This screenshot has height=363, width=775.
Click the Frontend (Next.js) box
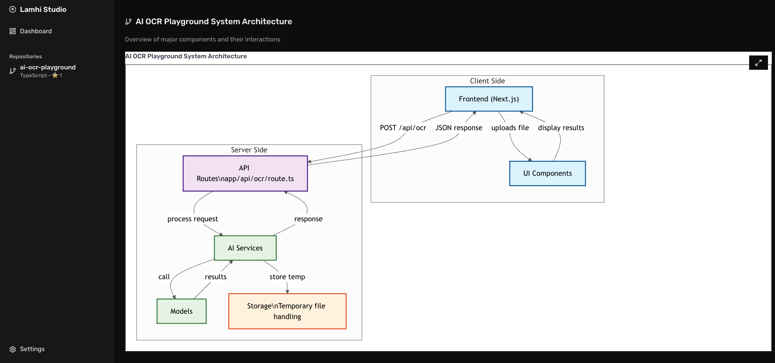click(x=489, y=99)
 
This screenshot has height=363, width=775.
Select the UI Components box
click(x=547, y=173)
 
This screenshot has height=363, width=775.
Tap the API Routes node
click(x=245, y=173)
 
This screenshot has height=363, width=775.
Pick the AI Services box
click(x=245, y=248)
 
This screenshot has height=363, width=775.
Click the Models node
click(x=181, y=311)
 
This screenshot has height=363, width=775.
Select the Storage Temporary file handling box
click(x=287, y=311)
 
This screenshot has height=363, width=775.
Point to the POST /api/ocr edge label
click(x=403, y=128)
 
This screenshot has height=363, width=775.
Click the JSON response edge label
click(x=459, y=128)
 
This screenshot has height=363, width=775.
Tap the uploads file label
click(x=510, y=128)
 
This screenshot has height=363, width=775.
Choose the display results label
click(x=561, y=128)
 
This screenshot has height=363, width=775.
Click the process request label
click(x=193, y=219)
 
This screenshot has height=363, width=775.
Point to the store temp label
click(x=287, y=277)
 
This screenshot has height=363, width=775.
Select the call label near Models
click(x=164, y=277)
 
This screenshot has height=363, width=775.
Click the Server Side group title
click(x=249, y=150)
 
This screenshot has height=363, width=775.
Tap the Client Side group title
click(x=487, y=81)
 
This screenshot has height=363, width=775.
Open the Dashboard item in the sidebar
click(x=35, y=31)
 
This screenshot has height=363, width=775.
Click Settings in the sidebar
click(x=32, y=349)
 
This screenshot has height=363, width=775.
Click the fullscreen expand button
click(x=758, y=62)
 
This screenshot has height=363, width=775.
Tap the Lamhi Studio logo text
click(x=43, y=9)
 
